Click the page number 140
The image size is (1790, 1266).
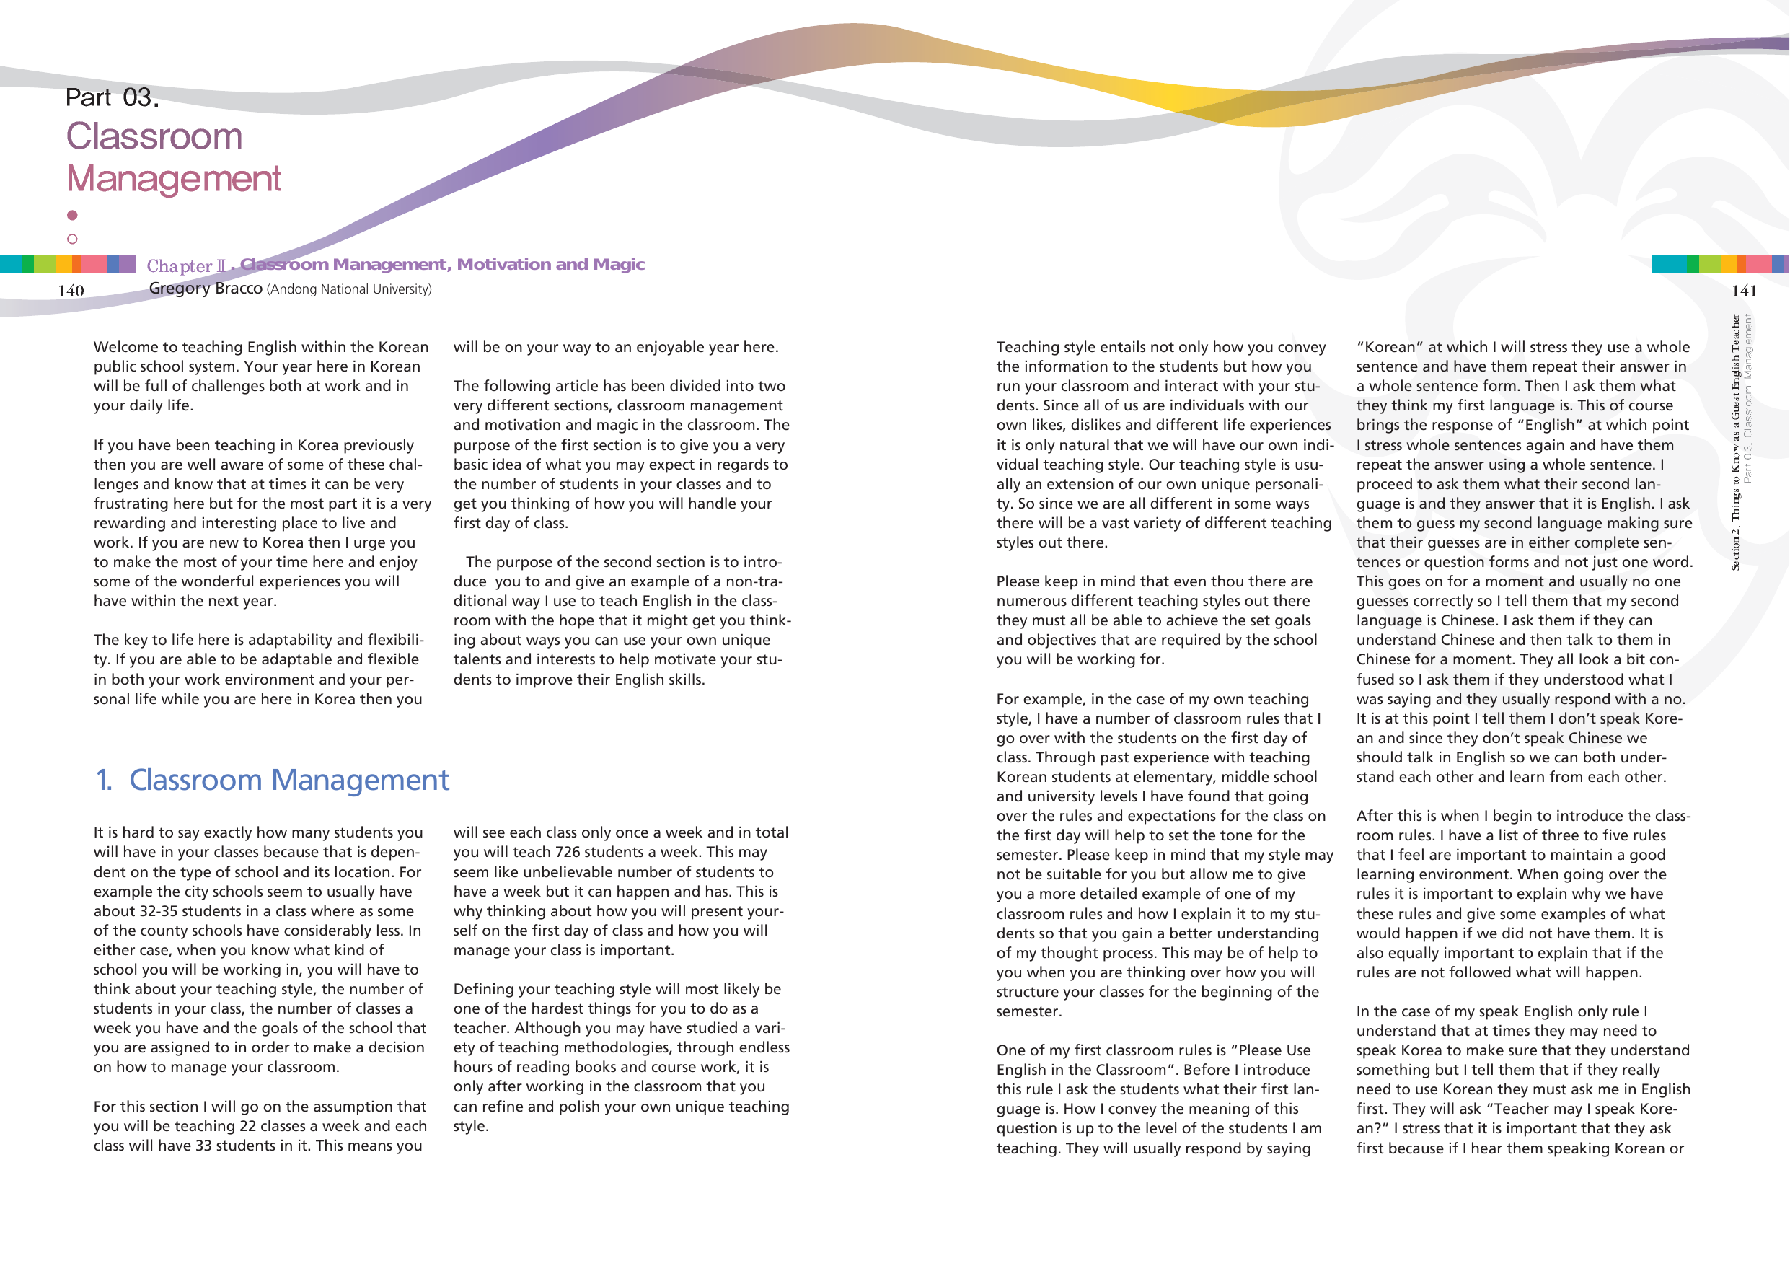tap(71, 291)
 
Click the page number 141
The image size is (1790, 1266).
tap(1744, 291)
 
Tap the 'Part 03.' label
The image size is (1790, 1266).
tap(113, 97)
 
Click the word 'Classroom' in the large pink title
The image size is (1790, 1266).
tap(154, 136)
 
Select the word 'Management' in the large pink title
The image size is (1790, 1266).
tap(173, 179)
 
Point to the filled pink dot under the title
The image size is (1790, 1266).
tap(73, 215)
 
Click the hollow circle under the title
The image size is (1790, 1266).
tap(73, 239)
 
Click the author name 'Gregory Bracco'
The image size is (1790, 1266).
tap(205, 289)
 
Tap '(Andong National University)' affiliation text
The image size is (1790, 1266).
tap(348, 289)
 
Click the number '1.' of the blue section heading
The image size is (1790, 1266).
tap(104, 780)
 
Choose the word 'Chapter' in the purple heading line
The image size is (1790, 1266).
tap(180, 266)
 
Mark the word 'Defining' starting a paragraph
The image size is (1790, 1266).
tap(485, 989)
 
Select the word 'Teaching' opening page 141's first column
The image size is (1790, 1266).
tap(1029, 347)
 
